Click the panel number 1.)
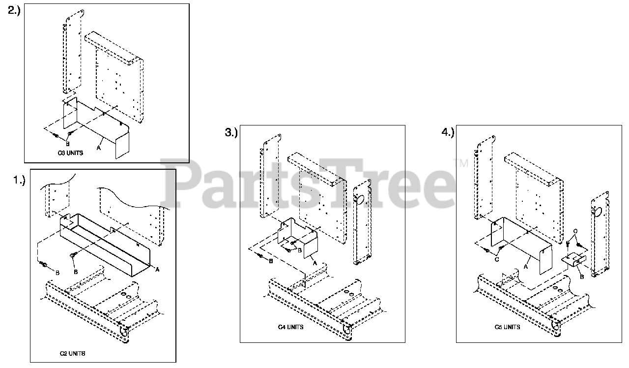tap(19, 181)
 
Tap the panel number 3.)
tap(231, 133)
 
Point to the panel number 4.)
tap(448, 132)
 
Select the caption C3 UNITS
tap(71, 153)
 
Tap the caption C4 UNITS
tap(290, 327)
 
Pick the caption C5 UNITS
tap(507, 327)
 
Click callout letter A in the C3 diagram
tap(99, 147)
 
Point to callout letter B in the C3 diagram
tap(67, 143)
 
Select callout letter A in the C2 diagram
tap(157, 269)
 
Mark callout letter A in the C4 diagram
tap(314, 263)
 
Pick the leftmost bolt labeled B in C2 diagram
tap(42, 265)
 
